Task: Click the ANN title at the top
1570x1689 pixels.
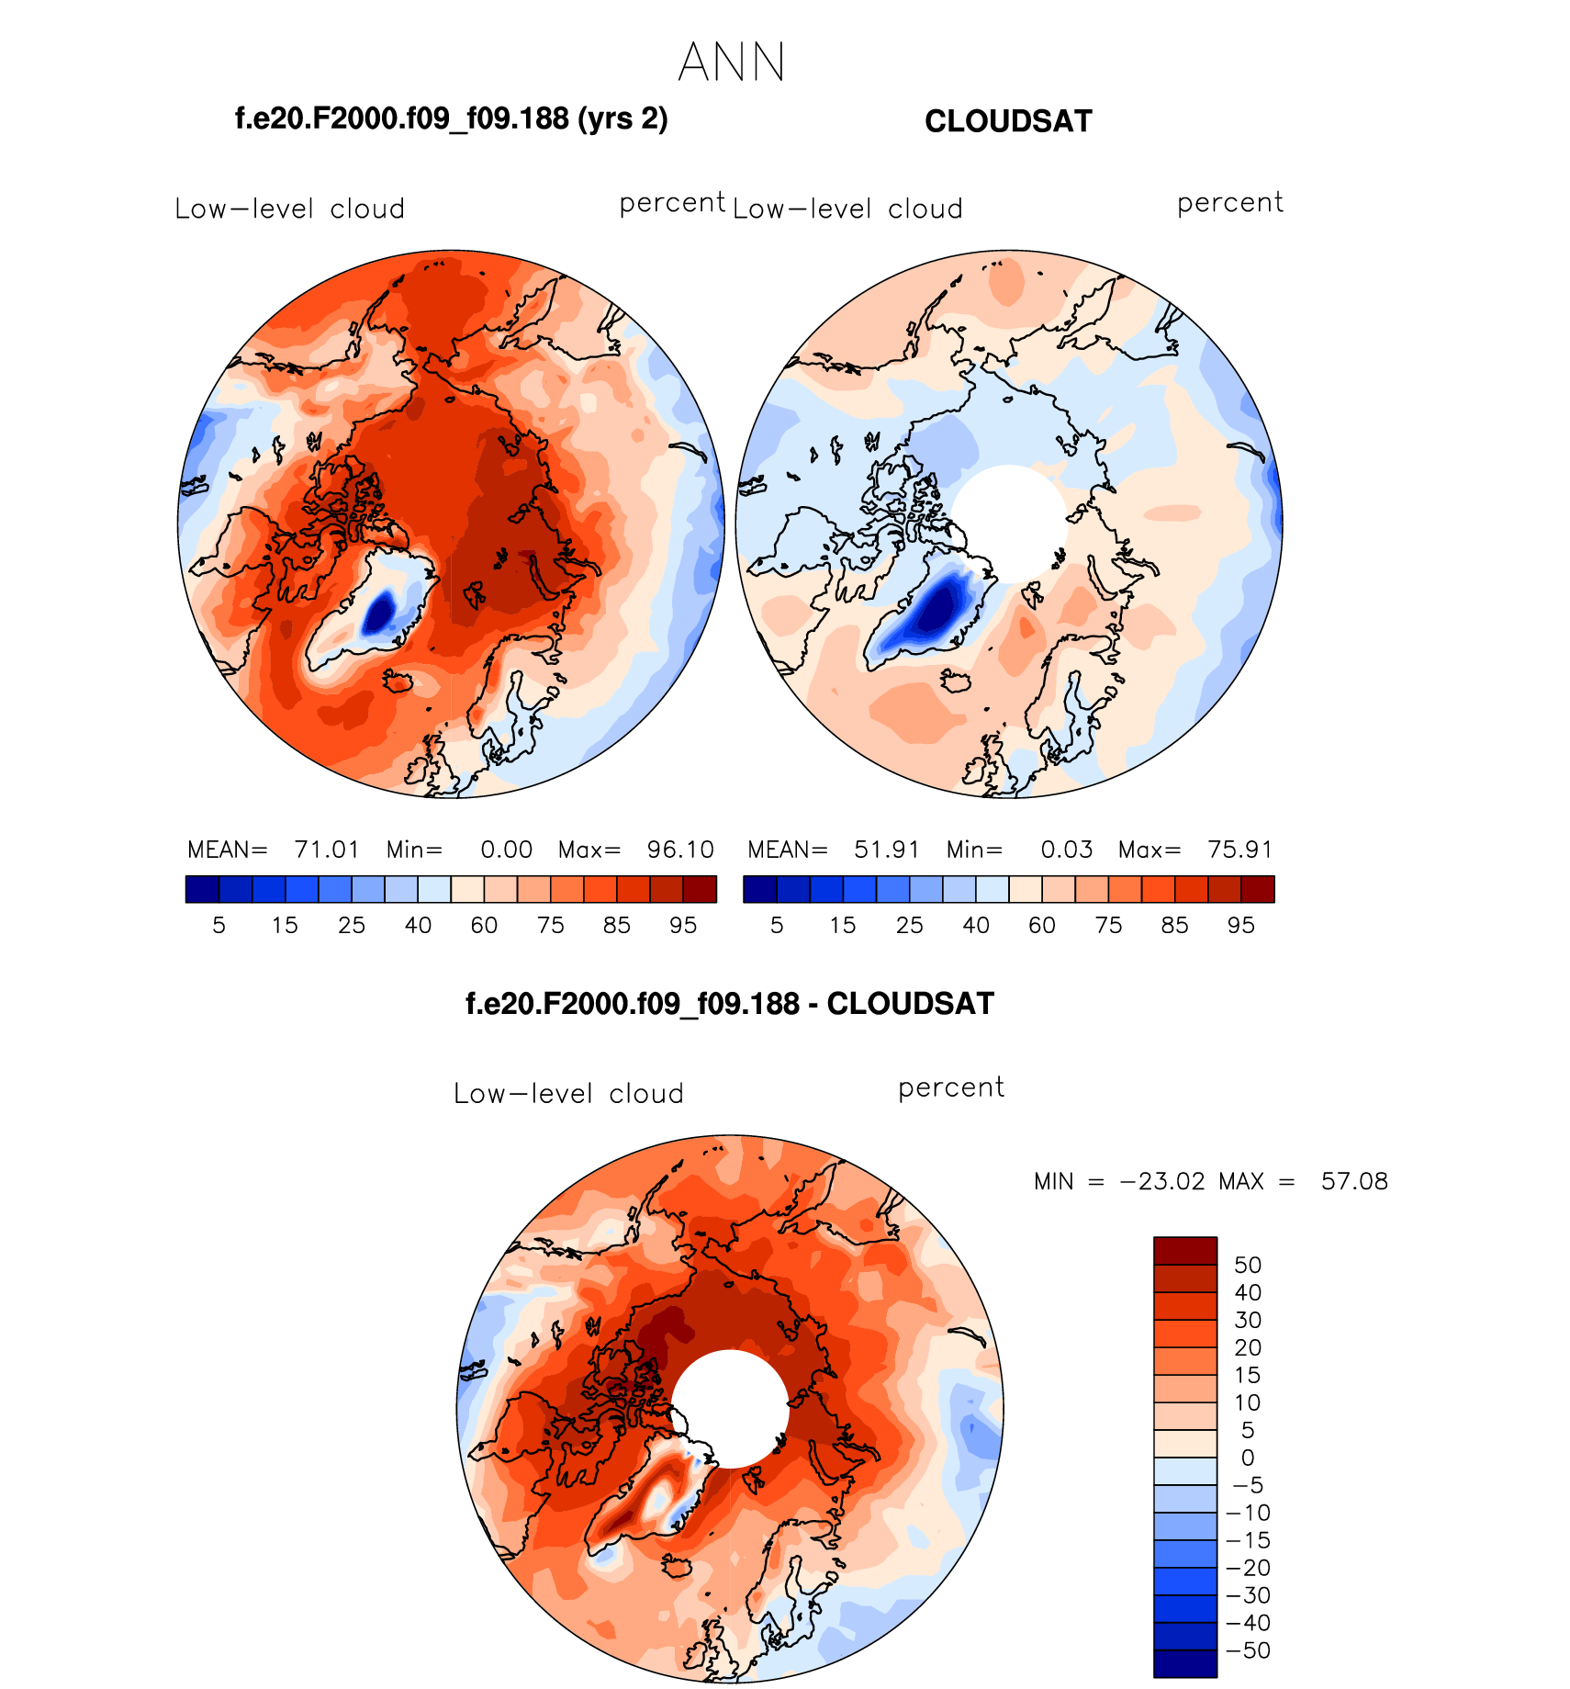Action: click(732, 62)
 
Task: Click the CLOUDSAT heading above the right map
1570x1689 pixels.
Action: click(1008, 121)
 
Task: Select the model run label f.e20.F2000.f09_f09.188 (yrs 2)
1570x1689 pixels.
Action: click(451, 118)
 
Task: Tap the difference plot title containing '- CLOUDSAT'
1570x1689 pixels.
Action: click(730, 1003)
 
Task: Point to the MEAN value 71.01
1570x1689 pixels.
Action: click(327, 850)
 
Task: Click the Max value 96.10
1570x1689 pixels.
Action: click(680, 850)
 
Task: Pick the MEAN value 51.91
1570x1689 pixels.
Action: click(887, 850)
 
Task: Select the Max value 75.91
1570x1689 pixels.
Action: click(1240, 850)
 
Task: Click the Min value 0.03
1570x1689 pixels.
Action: click(1067, 850)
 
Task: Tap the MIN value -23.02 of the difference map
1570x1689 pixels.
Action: click(1162, 1181)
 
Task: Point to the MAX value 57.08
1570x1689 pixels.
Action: click(1354, 1181)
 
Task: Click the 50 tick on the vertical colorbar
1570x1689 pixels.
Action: click(1248, 1265)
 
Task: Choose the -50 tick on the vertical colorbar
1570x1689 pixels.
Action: click(1248, 1650)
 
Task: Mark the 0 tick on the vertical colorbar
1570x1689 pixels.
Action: click(1248, 1458)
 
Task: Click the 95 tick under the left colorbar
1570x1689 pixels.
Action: click(683, 925)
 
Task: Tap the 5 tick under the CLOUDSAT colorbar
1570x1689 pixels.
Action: click(777, 925)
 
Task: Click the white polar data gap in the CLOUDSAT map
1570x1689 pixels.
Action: click(1009, 522)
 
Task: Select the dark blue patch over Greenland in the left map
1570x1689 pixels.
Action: click(379, 611)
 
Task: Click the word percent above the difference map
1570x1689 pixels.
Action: click(951, 1088)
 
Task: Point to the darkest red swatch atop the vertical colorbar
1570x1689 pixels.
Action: click(1185, 1251)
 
